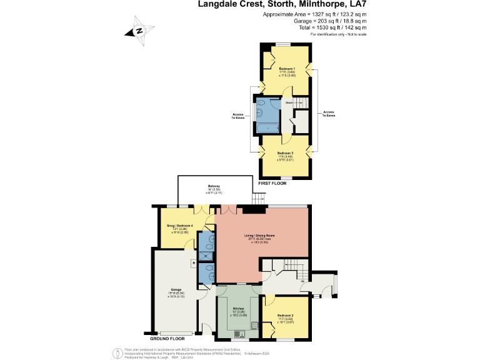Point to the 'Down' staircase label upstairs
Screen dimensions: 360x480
289,102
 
